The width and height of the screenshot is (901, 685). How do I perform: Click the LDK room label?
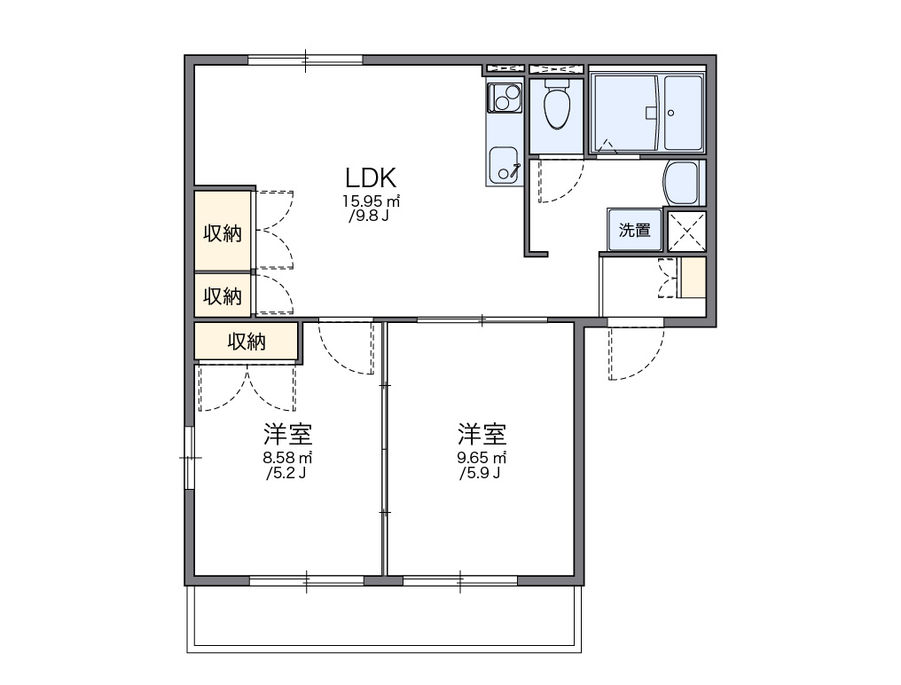(x=370, y=177)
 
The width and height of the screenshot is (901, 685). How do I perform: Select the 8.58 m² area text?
(x=287, y=458)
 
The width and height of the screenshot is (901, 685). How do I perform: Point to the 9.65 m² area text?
(x=482, y=458)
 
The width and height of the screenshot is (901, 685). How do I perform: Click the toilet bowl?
(x=557, y=107)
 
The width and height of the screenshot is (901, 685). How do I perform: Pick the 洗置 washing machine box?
(x=634, y=231)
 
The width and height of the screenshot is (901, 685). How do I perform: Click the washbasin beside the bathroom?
(x=682, y=184)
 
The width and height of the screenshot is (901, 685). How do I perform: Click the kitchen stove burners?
(x=503, y=98)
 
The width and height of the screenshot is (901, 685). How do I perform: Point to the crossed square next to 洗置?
(x=686, y=231)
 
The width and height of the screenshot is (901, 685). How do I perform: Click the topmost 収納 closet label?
(x=223, y=233)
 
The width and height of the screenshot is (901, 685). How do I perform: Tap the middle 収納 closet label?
(x=223, y=295)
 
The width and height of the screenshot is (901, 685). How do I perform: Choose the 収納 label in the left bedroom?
(x=247, y=341)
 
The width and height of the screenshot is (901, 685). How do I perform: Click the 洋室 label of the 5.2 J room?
(x=287, y=435)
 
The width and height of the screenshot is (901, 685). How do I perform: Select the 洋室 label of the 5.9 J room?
(x=482, y=435)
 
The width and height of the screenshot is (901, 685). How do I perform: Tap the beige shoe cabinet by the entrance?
(x=692, y=278)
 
